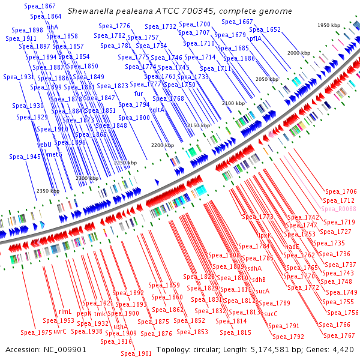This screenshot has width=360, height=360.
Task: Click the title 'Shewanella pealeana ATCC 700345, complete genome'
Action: pyautogui.click(x=180, y=11)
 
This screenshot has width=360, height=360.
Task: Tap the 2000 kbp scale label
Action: pyautogui.click(x=298, y=53)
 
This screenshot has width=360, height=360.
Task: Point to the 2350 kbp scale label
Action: pyautogui.click(x=47, y=191)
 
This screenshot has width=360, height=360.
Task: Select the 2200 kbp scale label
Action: pyautogui.click(x=162, y=145)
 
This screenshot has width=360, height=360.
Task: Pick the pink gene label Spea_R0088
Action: pyautogui.click(x=338, y=209)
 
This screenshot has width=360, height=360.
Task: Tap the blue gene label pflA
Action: pyautogui.click(x=256, y=38)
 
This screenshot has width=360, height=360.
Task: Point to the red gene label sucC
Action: pyautogui.click(x=271, y=313)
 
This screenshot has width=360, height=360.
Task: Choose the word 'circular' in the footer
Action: pyautogui.click(x=205, y=349)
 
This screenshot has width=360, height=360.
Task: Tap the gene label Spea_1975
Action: pyautogui.click(x=36, y=332)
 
